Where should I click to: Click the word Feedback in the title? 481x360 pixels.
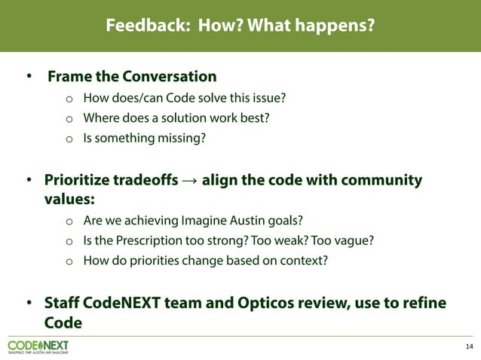(145, 26)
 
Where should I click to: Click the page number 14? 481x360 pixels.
(470, 346)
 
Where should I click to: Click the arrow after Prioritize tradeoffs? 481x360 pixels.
(190, 182)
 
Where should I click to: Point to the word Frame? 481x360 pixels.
(70, 77)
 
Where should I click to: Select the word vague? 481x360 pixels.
(355, 240)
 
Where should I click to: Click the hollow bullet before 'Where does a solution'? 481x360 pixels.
(68, 119)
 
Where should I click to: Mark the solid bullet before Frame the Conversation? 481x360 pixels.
(29, 77)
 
